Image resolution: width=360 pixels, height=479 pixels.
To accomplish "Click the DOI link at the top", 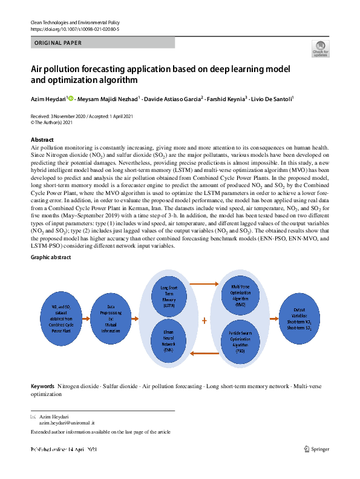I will [x=74, y=28].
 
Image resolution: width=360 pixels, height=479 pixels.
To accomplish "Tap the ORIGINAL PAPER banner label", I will [x=59, y=43].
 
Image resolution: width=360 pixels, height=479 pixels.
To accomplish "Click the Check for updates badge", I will [x=320, y=50].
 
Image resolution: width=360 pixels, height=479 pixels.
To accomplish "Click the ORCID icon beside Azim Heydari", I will [x=71, y=98].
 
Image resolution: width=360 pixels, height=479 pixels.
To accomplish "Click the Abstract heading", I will [x=42, y=139].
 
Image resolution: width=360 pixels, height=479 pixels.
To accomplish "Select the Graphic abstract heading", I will [x=51, y=257].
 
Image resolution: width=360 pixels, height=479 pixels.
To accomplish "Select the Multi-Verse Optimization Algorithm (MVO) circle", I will [x=240, y=297].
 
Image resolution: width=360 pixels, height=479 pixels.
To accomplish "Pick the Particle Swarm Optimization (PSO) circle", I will [x=240, y=342].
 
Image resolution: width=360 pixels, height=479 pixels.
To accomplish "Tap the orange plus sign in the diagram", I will [x=204, y=321].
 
